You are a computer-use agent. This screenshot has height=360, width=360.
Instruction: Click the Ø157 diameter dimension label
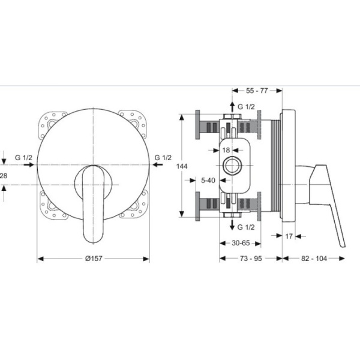point(94,259)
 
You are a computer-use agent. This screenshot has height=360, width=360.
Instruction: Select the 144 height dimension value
point(182,166)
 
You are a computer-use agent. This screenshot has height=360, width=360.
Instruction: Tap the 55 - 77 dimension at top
point(257,91)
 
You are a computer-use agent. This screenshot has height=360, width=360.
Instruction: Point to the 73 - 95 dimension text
point(251,259)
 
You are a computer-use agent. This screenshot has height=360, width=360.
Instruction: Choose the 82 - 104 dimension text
point(314,259)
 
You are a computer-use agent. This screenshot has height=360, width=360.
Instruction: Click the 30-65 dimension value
point(241,243)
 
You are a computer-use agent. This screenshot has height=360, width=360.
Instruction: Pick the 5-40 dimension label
point(208,181)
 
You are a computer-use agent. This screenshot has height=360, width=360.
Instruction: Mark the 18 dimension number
point(226,150)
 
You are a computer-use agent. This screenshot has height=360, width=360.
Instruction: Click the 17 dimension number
point(289,236)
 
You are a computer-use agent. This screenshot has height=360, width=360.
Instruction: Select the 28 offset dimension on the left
point(4,176)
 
